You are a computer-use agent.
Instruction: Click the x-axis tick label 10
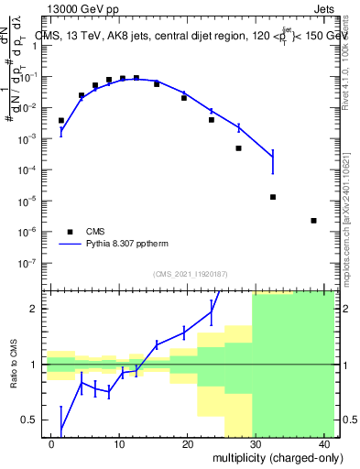point(119,443)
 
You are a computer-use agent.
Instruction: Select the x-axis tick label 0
point(51,443)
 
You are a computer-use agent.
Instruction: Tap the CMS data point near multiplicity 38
point(314,221)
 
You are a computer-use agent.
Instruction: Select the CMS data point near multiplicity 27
point(239,148)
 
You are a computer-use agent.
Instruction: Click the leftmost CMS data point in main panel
point(61,120)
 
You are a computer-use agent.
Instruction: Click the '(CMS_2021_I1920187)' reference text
point(191,273)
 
